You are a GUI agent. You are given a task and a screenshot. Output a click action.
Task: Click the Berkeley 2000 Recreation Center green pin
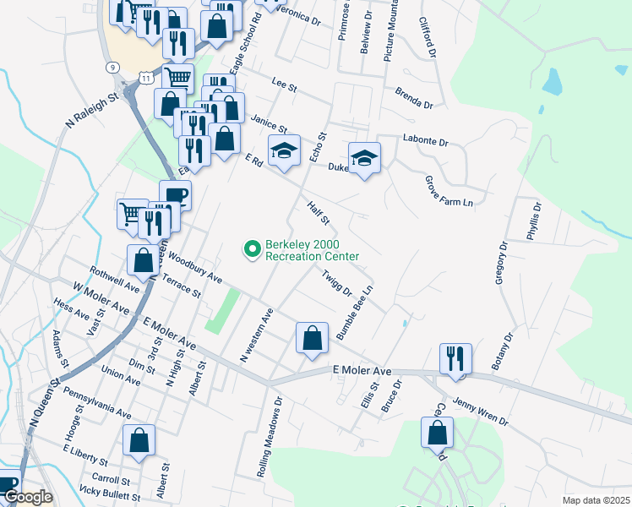[251, 249]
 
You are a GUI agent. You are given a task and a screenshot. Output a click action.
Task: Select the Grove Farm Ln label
[448, 192]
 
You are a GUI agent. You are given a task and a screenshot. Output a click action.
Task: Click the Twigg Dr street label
[336, 282]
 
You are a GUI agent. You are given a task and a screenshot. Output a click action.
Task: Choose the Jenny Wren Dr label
[480, 411]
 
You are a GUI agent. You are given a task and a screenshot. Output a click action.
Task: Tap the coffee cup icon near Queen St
[176, 195]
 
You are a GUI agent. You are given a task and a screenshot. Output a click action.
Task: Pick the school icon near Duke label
[364, 158]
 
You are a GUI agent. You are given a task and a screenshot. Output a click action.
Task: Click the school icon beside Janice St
[284, 150]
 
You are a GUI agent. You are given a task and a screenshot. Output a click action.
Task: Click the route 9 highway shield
[112, 66]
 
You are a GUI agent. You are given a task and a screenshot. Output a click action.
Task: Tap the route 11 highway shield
[147, 77]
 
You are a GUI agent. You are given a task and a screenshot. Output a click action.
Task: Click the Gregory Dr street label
[499, 264]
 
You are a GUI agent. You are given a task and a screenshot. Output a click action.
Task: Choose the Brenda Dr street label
[415, 99]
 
